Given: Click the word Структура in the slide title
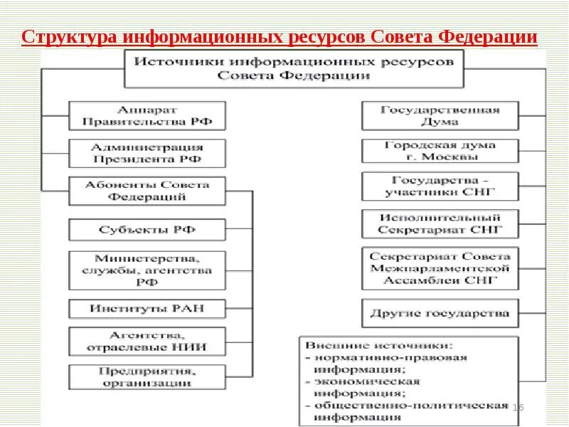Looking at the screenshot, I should tap(68, 36).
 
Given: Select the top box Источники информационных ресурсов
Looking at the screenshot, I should tap(294, 68).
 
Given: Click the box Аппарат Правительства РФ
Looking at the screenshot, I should tap(148, 116).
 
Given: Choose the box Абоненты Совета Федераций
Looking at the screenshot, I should tap(148, 191).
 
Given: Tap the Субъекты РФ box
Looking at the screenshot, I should tap(148, 230).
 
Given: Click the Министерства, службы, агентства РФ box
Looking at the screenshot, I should tap(148, 270).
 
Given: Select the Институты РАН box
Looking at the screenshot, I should tap(148, 309).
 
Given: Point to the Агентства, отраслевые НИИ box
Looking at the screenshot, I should tap(148, 341).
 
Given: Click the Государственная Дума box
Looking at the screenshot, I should tap(440, 116).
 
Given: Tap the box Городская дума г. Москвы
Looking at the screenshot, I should tap(440, 151).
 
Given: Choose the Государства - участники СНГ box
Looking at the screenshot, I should tap(440, 186).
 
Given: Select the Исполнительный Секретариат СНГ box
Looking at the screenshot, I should tap(440, 223).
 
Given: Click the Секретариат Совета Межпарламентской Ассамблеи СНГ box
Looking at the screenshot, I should tap(440, 268).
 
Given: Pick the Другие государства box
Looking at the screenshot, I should tap(440, 313).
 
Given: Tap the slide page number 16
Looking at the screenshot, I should tap(518, 407).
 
